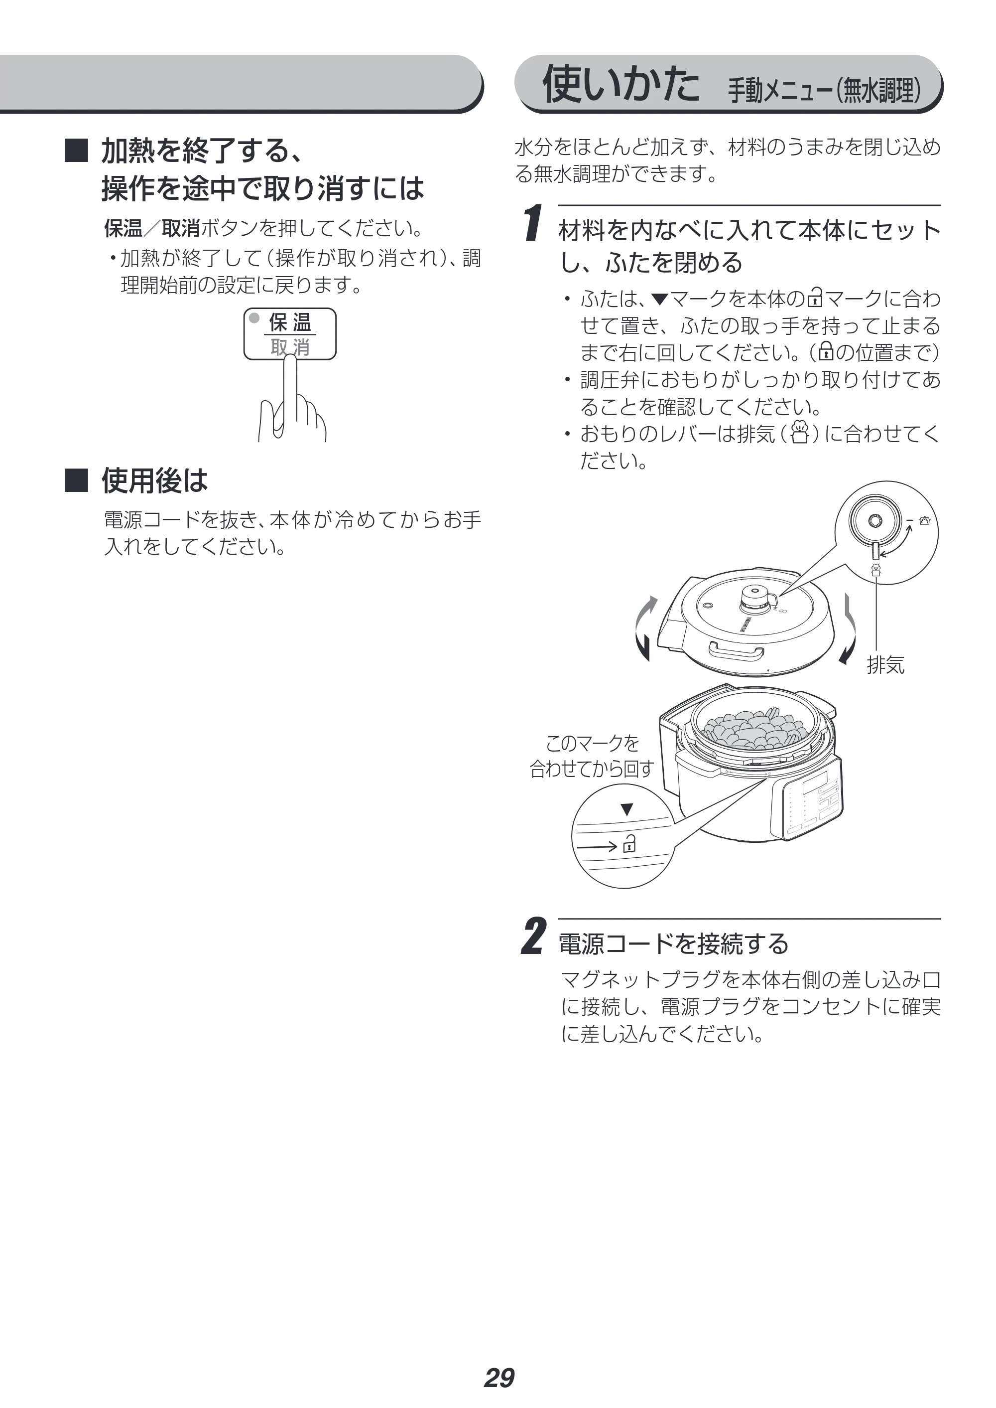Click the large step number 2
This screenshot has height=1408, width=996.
click(532, 936)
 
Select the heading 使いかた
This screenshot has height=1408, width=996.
click(620, 84)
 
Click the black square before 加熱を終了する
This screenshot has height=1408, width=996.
click(77, 151)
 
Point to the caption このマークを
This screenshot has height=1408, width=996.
click(593, 743)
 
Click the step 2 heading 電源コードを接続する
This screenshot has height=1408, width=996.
click(673, 943)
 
